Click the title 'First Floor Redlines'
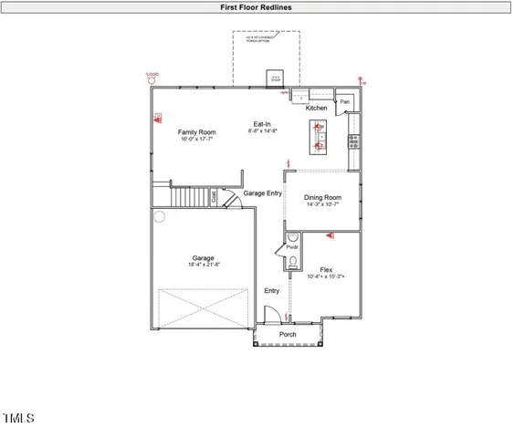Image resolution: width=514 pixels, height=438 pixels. click(256, 6)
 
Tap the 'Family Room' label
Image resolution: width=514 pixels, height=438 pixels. click(197, 133)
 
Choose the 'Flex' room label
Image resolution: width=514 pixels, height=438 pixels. click(326, 269)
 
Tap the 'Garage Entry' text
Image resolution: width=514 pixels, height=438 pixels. click(262, 193)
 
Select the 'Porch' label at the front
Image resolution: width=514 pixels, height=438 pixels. click(288, 334)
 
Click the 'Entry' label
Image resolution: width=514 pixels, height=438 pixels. click(272, 291)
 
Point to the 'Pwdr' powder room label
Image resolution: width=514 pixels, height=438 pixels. click(293, 247)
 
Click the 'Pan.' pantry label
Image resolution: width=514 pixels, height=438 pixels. click(345, 102)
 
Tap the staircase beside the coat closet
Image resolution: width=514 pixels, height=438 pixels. click(192, 196)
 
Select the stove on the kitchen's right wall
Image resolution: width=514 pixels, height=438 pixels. click(354, 141)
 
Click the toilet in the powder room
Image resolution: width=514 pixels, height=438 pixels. click(293, 263)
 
